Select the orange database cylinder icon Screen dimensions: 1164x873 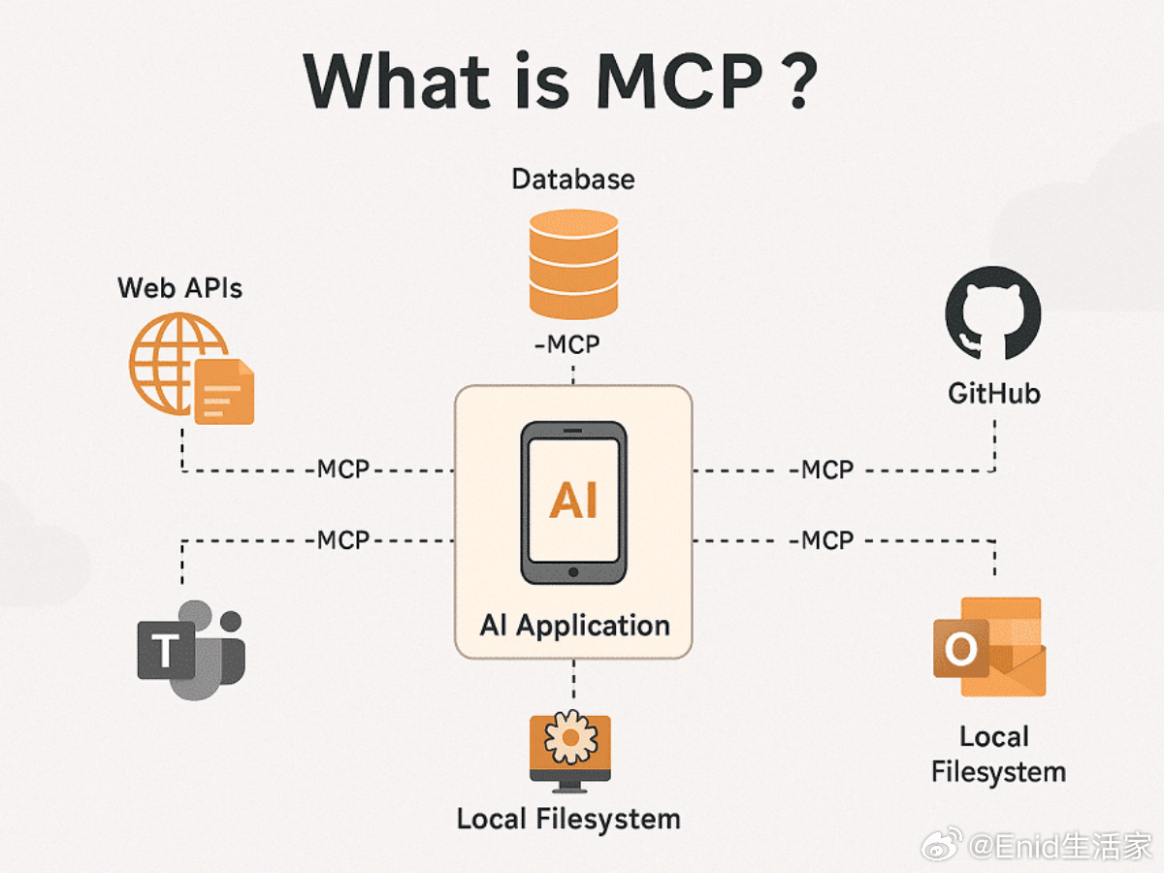tap(573, 264)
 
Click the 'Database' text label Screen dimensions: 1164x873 tap(573, 179)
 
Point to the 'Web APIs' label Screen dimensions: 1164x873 tap(179, 288)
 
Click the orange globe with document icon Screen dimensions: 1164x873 tap(191, 369)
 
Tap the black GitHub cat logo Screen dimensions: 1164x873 tap(993, 313)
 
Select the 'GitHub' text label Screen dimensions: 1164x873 tap(994, 394)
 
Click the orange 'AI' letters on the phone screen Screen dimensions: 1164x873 tap(573, 500)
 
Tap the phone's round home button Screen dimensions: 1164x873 tap(573, 572)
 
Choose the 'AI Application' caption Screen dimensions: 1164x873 tap(575, 626)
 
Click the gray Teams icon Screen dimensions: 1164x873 tap(191, 650)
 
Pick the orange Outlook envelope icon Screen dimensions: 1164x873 tap(989, 647)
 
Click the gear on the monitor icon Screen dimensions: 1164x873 tap(570, 737)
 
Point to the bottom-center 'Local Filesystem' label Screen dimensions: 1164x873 tap(568, 819)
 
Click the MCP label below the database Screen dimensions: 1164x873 tap(566, 344)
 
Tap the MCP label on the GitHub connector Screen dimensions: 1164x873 tap(822, 470)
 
